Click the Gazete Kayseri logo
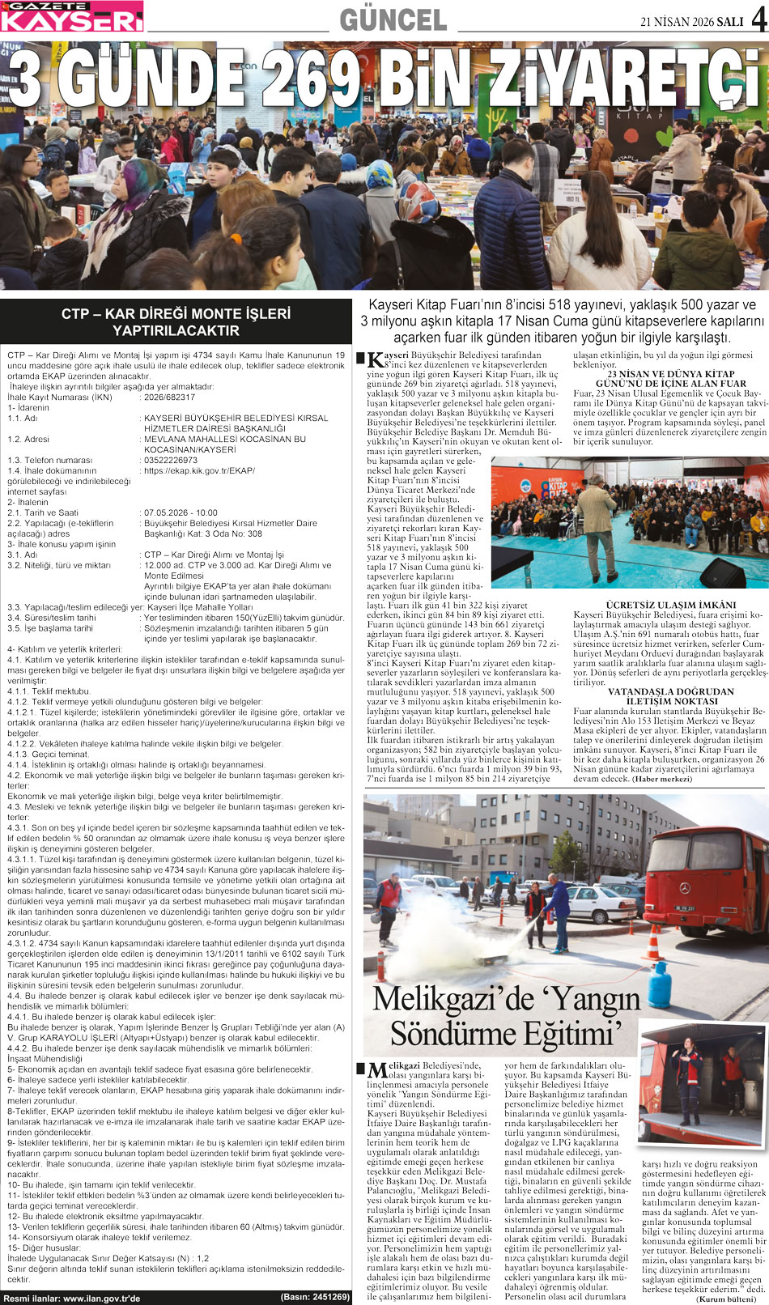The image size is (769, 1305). click(71, 16)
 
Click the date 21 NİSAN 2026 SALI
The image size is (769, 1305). click(691, 22)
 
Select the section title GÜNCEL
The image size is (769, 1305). click(393, 20)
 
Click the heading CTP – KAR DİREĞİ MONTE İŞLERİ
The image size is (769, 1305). click(176, 313)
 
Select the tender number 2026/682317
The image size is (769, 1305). click(169, 397)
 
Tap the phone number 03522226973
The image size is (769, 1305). click(170, 460)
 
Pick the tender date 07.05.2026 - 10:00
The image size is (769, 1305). click(181, 512)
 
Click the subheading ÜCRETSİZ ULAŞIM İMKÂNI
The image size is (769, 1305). click(670, 605)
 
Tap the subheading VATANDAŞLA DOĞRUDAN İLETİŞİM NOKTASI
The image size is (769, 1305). click(670, 696)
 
